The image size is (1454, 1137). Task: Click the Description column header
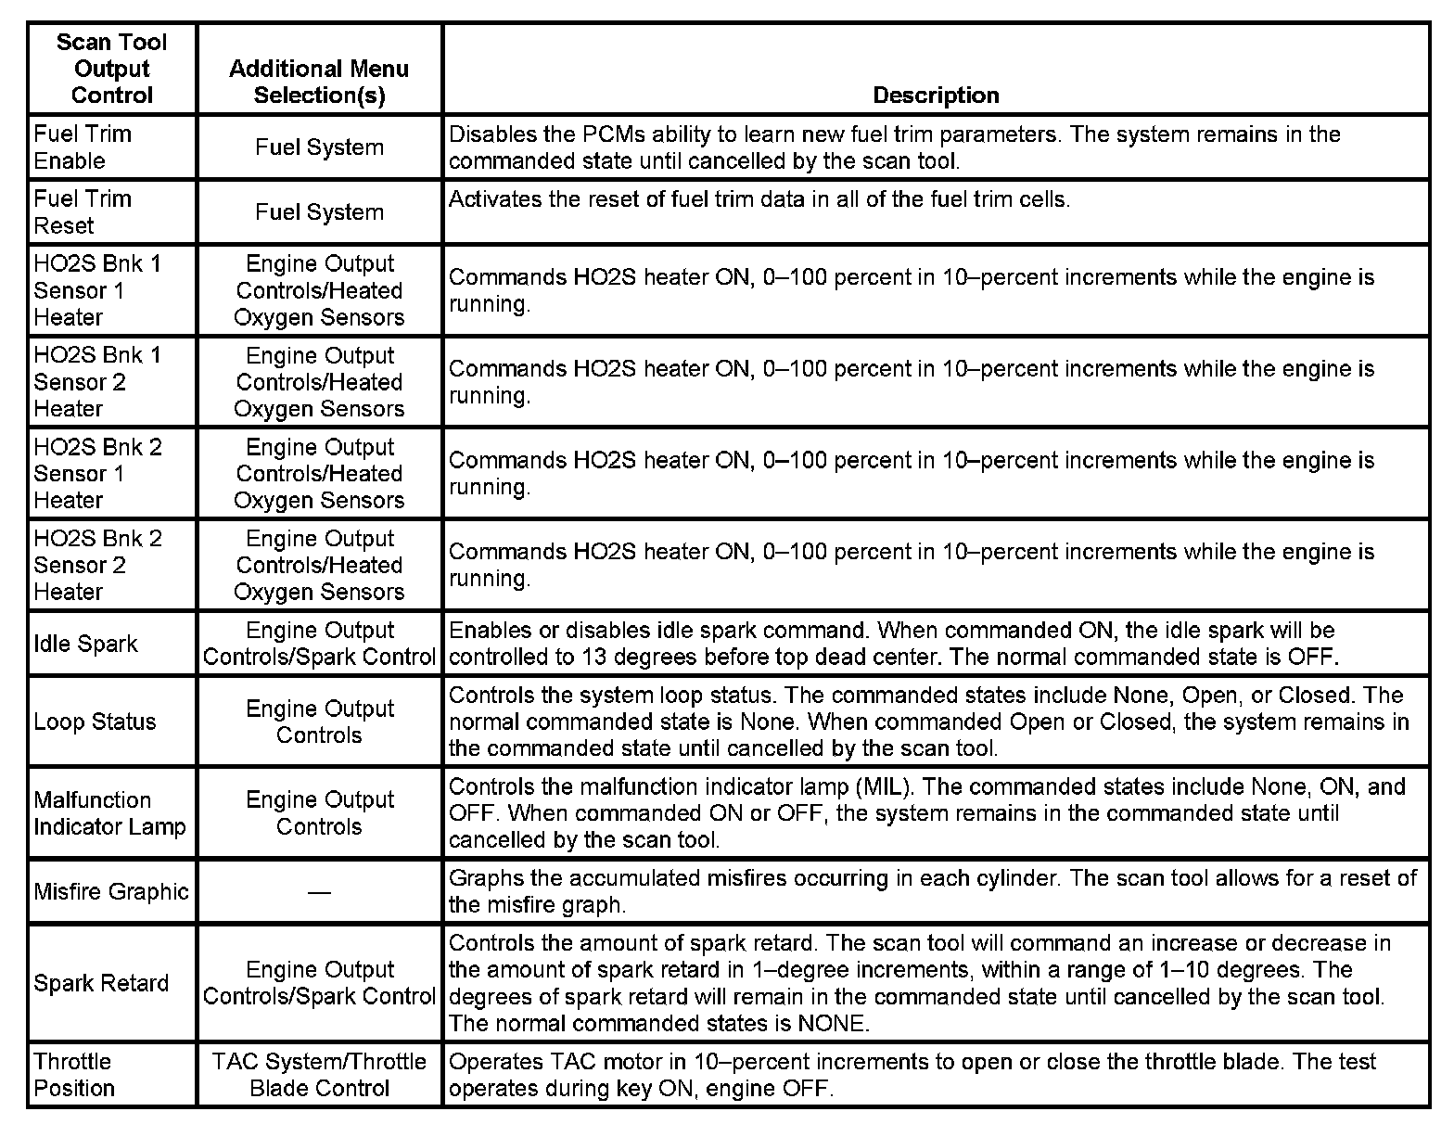pos(936,96)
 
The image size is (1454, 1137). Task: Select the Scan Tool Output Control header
pos(111,69)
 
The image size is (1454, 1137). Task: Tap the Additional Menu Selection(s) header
pos(319,82)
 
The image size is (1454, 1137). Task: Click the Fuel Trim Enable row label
pos(83,147)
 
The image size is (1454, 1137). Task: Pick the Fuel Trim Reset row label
pos(83,212)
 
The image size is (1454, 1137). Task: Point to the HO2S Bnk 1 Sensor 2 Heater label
pos(97,382)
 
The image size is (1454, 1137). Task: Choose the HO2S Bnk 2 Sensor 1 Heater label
pos(97,473)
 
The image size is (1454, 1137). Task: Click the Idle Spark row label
pos(85,644)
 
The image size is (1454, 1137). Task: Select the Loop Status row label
pos(95,722)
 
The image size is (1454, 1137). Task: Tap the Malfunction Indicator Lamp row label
pos(109,813)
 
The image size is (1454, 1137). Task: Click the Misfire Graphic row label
pos(111,892)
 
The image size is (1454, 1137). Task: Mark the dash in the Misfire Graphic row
pos(319,892)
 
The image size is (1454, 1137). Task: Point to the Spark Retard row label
pos(101,983)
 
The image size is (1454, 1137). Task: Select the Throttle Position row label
pos(73,1075)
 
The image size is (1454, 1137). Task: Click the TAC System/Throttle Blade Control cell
pos(319,1075)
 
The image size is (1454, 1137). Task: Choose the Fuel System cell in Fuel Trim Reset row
pos(319,212)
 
